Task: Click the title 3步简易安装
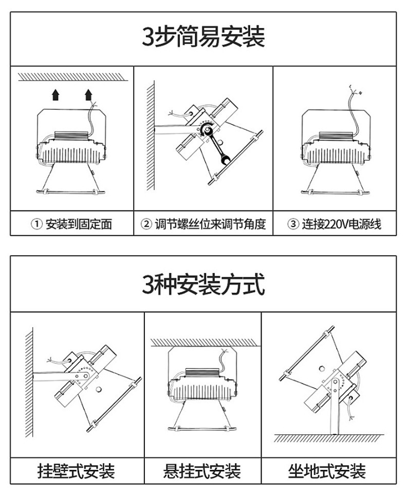(x=203, y=36)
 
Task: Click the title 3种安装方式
(x=203, y=284)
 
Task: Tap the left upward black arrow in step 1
(x=56, y=94)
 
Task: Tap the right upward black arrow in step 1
(x=88, y=94)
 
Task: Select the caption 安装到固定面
(x=79, y=224)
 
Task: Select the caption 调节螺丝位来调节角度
(x=210, y=224)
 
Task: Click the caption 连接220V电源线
(x=341, y=224)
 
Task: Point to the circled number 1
(x=36, y=224)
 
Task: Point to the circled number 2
(x=146, y=224)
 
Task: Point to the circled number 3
(x=293, y=224)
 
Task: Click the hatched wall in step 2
(x=151, y=136)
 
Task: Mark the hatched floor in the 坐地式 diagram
(x=328, y=438)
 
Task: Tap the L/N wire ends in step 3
(x=355, y=90)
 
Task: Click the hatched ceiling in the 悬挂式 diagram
(x=206, y=342)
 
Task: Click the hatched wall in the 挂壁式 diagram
(x=29, y=382)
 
